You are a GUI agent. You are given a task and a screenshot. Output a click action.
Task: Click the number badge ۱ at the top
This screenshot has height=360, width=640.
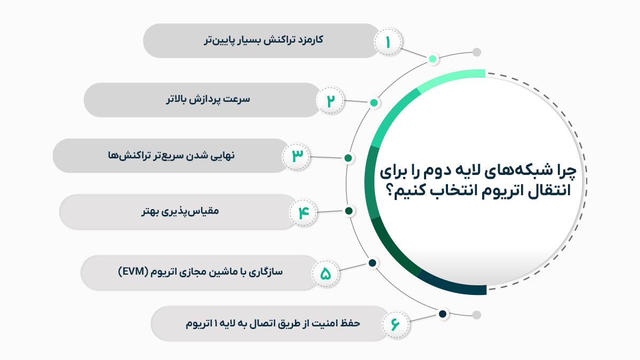pos(388,42)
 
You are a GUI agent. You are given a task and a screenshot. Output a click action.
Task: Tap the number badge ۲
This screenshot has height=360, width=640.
pos(330,101)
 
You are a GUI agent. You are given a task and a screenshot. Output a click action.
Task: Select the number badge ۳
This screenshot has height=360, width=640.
pos(296,157)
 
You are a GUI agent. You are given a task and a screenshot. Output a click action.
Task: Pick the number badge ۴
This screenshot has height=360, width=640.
pos(303,213)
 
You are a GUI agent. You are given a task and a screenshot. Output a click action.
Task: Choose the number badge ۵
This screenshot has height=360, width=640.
pos(325,274)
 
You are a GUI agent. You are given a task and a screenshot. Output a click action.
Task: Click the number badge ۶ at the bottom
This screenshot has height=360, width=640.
pos(395,325)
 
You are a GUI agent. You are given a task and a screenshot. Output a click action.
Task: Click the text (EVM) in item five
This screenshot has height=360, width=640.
pos(133,271)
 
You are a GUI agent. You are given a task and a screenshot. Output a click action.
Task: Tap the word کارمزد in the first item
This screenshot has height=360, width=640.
pos(309,40)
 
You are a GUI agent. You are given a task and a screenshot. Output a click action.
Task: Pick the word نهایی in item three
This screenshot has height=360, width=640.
pos(222,156)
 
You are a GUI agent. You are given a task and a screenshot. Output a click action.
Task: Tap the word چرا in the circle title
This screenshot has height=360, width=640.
pos(566,171)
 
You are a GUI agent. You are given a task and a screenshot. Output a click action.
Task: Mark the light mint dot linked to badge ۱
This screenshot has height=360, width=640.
pos(433,59)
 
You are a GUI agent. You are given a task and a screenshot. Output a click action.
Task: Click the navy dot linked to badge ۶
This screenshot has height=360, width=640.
pos(443,314)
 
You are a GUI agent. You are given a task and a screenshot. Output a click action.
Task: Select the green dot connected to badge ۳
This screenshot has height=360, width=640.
pos(348,158)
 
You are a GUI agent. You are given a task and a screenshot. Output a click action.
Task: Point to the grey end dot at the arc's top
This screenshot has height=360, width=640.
pos(476,52)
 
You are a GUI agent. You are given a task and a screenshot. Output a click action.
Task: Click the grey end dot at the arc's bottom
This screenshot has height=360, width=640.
pos(476,315)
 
